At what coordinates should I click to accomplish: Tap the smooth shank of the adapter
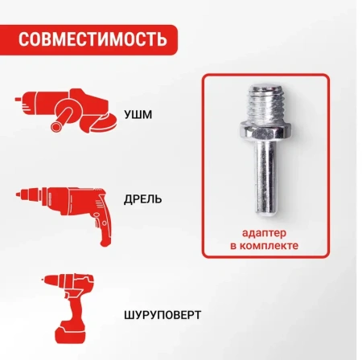click(x=265, y=177)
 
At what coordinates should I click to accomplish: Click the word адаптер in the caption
click(x=264, y=232)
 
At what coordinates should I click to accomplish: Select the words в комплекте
click(x=264, y=245)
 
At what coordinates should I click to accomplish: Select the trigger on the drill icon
click(x=84, y=214)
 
